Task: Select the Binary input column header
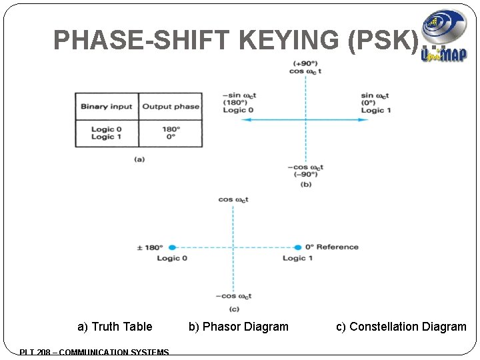point(107,106)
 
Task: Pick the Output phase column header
point(171,106)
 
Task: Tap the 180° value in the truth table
point(171,129)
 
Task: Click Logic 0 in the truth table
point(107,129)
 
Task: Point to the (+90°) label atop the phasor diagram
point(305,64)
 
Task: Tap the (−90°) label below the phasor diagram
point(305,175)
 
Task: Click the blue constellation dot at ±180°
point(171,247)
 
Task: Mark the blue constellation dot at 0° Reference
point(299,247)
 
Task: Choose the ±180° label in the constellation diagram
point(149,247)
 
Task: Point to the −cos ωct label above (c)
point(233,296)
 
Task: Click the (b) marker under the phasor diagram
point(306,184)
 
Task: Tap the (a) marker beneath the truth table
point(139,159)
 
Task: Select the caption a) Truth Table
point(115,327)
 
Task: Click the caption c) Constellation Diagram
point(401,327)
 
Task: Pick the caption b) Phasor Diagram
point(239,327)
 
